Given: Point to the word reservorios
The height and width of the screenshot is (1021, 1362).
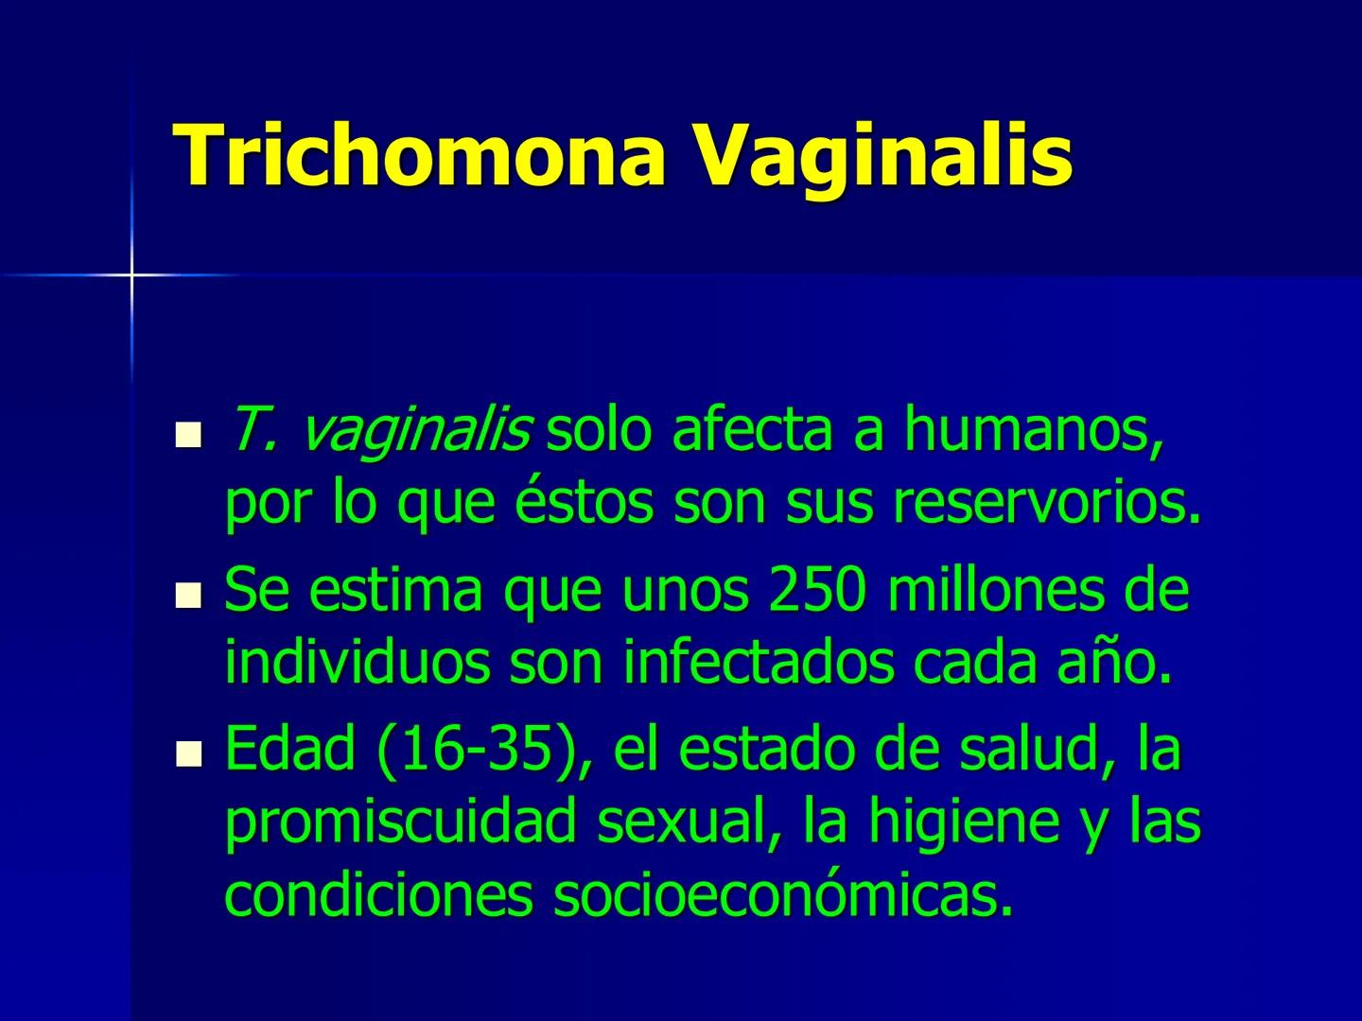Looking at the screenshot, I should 1046,503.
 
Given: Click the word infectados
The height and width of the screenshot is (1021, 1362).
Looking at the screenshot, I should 758,664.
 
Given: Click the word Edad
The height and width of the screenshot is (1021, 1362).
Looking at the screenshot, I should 289,750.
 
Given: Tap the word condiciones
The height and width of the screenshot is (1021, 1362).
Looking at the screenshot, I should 378,895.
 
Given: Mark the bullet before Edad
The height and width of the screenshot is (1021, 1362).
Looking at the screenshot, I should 190,754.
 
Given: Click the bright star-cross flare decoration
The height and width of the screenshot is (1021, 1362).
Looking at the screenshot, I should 131,275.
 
